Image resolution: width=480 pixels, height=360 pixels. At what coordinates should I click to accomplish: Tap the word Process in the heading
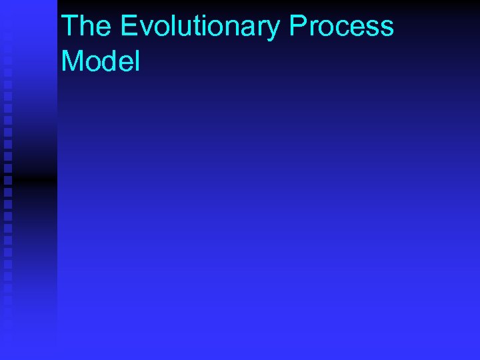tap(342, 27)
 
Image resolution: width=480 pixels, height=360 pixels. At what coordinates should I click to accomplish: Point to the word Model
tap(101, 61)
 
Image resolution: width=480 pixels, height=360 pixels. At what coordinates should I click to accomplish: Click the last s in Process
tap(385, 29)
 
